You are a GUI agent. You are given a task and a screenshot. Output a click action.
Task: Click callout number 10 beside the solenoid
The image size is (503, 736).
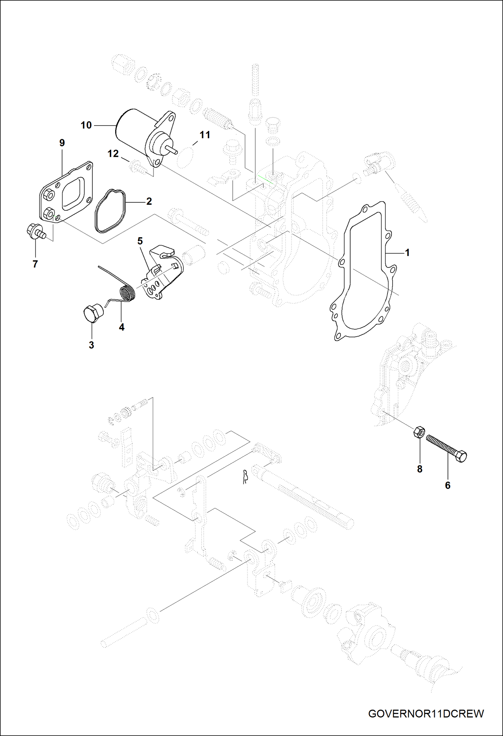[86, 125]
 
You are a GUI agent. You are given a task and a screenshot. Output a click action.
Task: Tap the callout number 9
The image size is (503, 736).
[62, 143]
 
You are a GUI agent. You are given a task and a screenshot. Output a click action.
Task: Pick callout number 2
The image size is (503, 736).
[149, 201]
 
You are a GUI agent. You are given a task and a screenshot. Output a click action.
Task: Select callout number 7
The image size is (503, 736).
[35, 264]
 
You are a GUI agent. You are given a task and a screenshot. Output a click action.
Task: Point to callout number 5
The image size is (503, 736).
[140, 241]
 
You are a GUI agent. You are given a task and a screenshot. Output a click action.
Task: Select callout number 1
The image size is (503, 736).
[407, 252]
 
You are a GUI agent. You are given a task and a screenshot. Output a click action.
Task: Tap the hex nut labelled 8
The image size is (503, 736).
[419, 432]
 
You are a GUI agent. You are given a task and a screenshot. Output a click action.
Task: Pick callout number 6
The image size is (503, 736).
[447, 485]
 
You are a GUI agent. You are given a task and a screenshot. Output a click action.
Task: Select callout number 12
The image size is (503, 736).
[113, 154]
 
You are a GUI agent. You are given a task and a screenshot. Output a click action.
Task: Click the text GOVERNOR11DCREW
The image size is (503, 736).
[426, 714]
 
